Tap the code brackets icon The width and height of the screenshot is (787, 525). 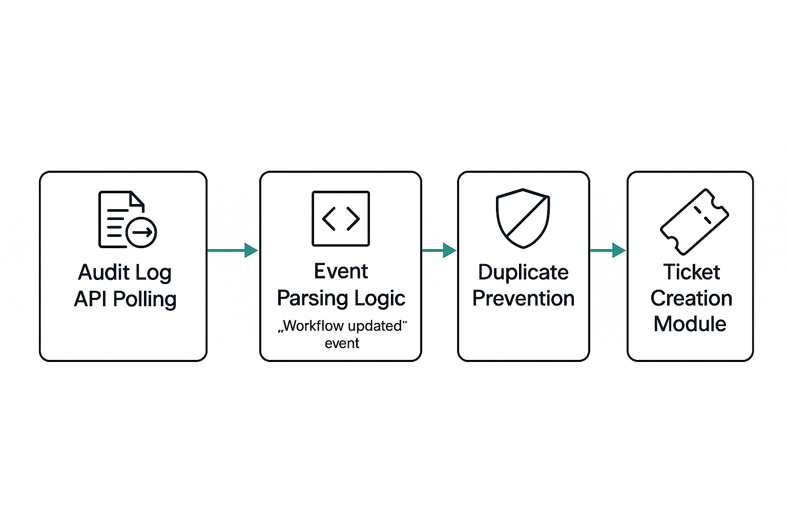point(341,219)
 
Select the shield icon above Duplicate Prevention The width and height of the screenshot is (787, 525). point(523,218)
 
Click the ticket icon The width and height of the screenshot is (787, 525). point(694,221)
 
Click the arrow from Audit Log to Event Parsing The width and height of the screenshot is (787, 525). point(233,250)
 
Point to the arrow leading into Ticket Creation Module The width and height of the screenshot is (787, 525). point(608,250)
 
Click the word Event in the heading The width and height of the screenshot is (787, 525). point(341,271)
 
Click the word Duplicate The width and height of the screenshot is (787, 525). point(523,272)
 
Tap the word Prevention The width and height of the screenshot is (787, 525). point(523,298)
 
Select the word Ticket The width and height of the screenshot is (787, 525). point(691,272)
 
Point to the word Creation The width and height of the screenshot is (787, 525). point(691,298)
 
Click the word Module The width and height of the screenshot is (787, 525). point(690,324)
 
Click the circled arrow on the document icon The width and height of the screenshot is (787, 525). point(141,233)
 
